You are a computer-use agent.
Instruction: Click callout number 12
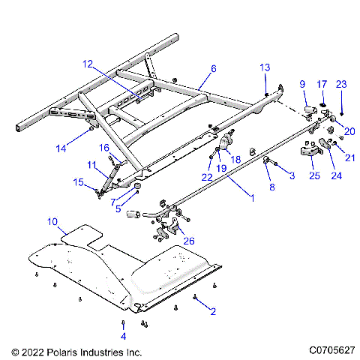tap(88, 64)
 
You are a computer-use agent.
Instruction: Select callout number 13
tap(264, 67)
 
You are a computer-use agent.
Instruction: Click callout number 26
tap(188, 241)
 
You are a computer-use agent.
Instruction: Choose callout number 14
tap(61, 149)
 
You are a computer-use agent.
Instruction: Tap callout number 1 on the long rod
tap(252, 198)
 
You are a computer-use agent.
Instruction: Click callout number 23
tap(341, 84)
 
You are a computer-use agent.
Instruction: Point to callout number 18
tap(235, 159)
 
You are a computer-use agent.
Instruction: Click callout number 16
tap(105, 148)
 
